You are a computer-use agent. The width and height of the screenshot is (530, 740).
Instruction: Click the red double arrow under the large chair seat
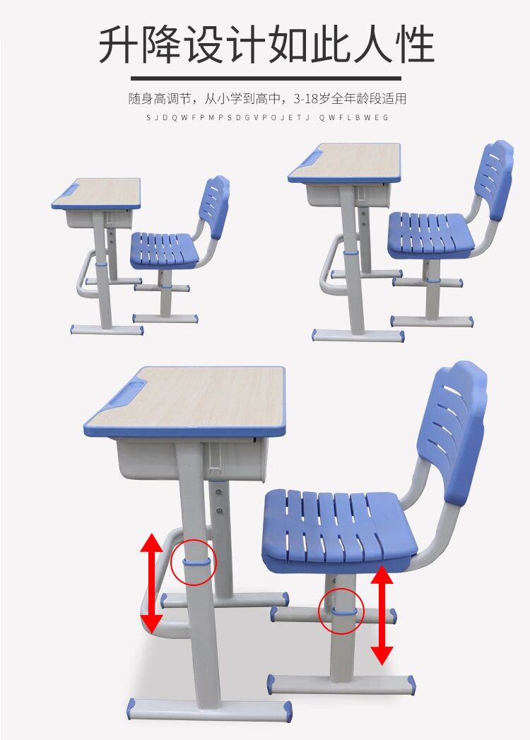coord(382,615)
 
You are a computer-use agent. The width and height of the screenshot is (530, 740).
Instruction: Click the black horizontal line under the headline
coord(266,78)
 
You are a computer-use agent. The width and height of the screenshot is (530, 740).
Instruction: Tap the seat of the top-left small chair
coord(164,250)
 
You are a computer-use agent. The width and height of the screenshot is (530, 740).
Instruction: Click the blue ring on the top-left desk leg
coord(100,265)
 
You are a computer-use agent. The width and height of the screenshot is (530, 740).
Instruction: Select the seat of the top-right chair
coord(430,235)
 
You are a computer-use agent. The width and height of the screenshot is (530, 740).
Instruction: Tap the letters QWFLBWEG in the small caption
coord(353,117)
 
